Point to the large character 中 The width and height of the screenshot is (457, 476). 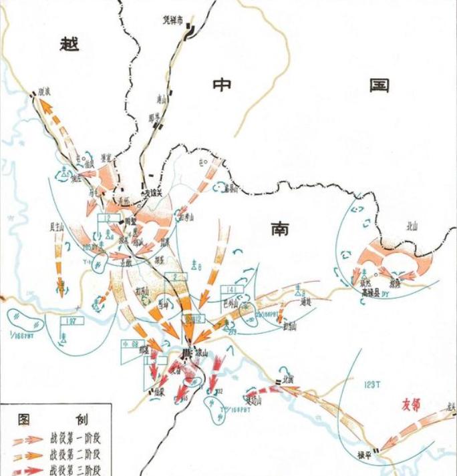(x=221, y=86)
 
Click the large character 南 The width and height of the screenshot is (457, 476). (x=280, y=229)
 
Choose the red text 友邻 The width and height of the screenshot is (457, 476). (x=412, y=405)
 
